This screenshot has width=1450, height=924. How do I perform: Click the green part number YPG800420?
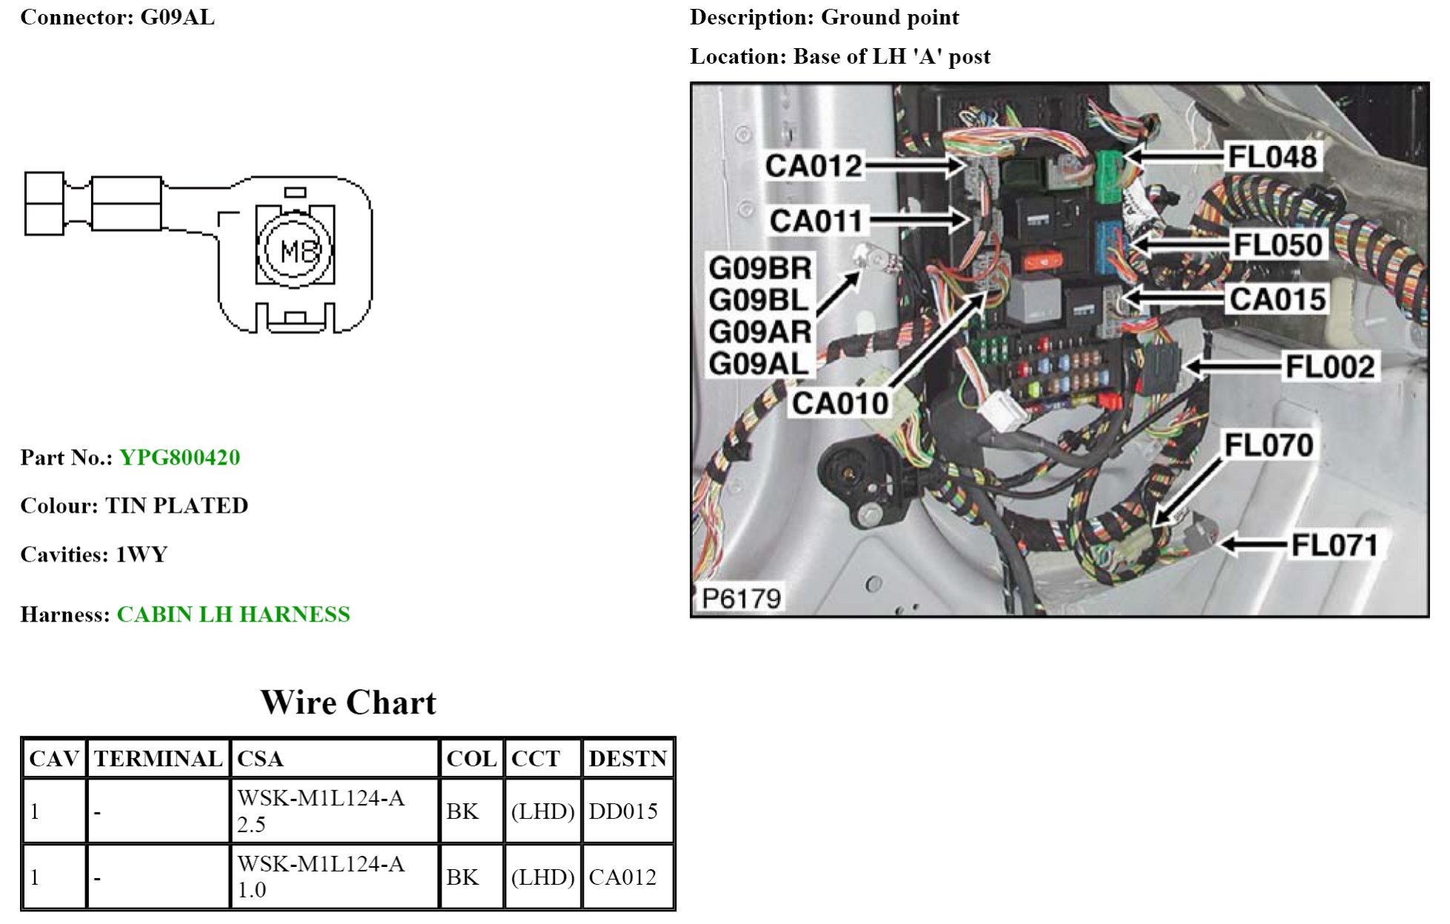(179, 457)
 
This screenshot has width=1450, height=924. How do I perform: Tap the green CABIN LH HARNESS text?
(233, 614)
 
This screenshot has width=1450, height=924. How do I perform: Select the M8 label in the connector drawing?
(296, 251)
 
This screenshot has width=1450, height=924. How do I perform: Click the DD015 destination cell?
(623, 811)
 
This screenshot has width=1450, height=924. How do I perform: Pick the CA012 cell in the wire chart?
(622, 877)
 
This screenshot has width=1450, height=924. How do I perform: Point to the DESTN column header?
(628, 759)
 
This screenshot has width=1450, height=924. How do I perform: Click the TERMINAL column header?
(158, 759)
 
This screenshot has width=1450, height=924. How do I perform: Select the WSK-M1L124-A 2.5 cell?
(321, 811)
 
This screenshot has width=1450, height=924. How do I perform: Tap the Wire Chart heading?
(348, 702)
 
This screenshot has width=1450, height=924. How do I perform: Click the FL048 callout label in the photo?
(1272, 157)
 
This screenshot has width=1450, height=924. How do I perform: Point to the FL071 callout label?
(1334, 545)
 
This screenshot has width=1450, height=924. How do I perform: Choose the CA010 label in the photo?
(840, 403)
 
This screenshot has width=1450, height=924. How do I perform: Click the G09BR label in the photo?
(760, 268)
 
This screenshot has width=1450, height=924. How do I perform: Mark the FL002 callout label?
(1330, 367)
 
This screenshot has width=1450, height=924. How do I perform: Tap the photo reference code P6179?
(741, 598)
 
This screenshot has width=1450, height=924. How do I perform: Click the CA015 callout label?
(1277, 299)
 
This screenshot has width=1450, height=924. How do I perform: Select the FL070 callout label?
(1268, 445)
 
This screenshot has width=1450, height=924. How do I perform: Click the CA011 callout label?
(816, 221)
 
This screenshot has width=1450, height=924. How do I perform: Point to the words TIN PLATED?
(176, 505)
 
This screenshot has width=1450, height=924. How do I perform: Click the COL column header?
(471, 759)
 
